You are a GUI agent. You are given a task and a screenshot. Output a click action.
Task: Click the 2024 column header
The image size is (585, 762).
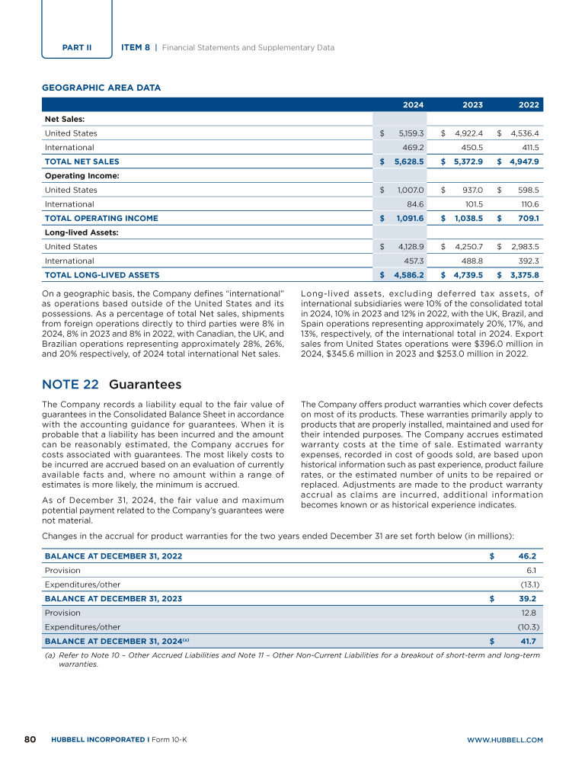click(x=413, y=105)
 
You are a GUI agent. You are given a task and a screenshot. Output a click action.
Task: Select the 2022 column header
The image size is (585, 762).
click(x=529, y=105)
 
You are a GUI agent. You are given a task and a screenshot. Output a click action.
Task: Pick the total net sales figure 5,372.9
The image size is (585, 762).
click(x=465, y=162)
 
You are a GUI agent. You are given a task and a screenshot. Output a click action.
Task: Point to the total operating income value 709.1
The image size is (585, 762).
click(x=527, y=218)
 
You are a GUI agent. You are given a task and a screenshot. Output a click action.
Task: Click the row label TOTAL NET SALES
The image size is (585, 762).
click(x=82, y=162)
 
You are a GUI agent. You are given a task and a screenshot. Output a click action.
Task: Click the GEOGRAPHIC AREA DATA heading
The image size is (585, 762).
click(x=101, y=88)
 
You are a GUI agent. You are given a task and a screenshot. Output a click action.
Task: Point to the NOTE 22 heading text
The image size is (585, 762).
click(x=111, y=385)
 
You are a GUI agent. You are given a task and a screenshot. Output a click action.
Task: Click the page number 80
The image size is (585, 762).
click(x=31, y=739)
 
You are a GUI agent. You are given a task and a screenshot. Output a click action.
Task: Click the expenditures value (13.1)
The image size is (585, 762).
click(x=529, y=584)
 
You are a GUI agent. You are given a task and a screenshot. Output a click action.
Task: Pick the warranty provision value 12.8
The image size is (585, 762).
click(x=529, y=613)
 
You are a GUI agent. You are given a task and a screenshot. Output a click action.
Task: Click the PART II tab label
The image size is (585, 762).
click(x=76, y=47)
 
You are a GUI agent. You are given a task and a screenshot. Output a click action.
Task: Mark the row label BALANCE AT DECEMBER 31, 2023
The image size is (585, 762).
click(x=113, y=598)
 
